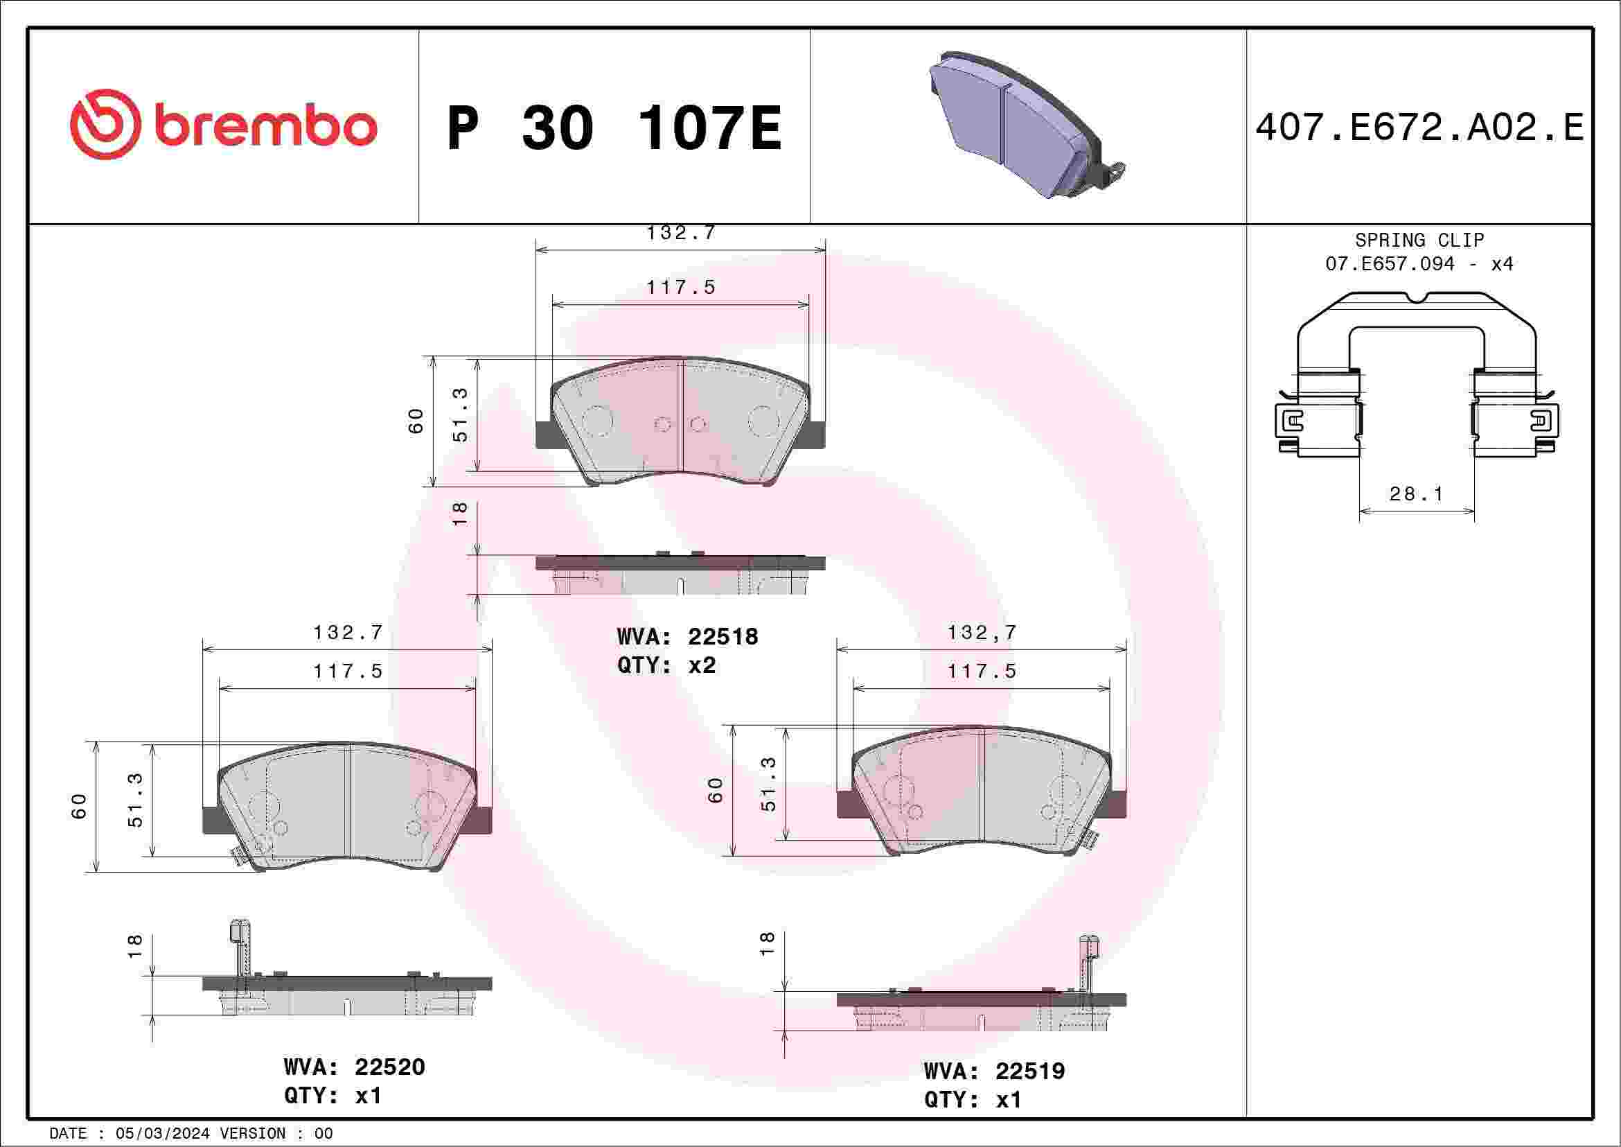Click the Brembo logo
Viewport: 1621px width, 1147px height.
223,124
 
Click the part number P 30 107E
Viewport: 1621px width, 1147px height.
614,128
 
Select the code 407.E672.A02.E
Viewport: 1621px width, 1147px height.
1419,128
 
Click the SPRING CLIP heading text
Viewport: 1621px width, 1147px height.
1419,240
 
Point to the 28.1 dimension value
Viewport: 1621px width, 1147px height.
1416,493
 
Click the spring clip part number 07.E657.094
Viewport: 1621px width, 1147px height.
1390,263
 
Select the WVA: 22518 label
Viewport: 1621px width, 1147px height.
687,636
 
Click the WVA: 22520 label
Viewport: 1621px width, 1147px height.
354,1066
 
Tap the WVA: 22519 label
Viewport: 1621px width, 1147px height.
994,1071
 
